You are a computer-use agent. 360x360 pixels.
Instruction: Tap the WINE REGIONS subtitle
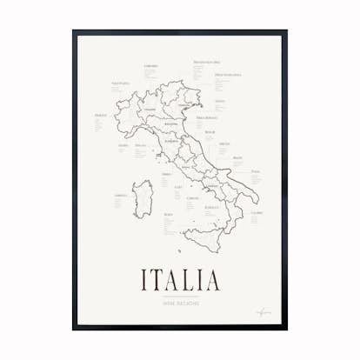pyautogui.click(x=180, y=303)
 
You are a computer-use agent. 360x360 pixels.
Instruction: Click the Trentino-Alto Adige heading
pyautogui.click(x=206, y=63)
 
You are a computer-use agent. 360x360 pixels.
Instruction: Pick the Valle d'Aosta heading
pyautogui.click(x=120, y=83)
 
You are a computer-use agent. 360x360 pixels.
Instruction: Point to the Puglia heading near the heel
pyautogui.click(x=255, y=173)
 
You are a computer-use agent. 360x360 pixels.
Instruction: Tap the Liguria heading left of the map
pyautogui.click(x=123, y=145)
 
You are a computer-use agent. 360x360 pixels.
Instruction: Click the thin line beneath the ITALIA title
pyautogui.click(x=180, y=297)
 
